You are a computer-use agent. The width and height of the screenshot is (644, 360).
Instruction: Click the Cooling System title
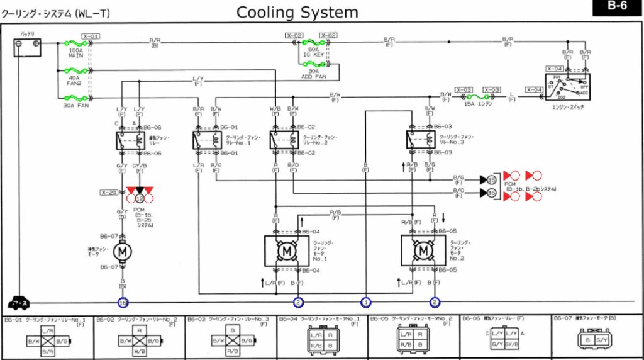pos(297,12)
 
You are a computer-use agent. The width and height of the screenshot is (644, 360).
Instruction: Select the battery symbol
pos(28,46)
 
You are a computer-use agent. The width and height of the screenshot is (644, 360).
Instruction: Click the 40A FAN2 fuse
pos(76,70)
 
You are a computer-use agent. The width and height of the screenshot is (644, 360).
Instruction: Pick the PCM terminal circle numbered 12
pos(140,198)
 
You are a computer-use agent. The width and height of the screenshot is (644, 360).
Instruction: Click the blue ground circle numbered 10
pos(123,302)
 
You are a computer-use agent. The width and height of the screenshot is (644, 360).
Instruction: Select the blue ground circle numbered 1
pos(365,302)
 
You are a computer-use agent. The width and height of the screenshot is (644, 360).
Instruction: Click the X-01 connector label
pos(91,36)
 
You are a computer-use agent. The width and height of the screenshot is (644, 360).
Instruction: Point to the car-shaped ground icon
pos(20,302)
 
